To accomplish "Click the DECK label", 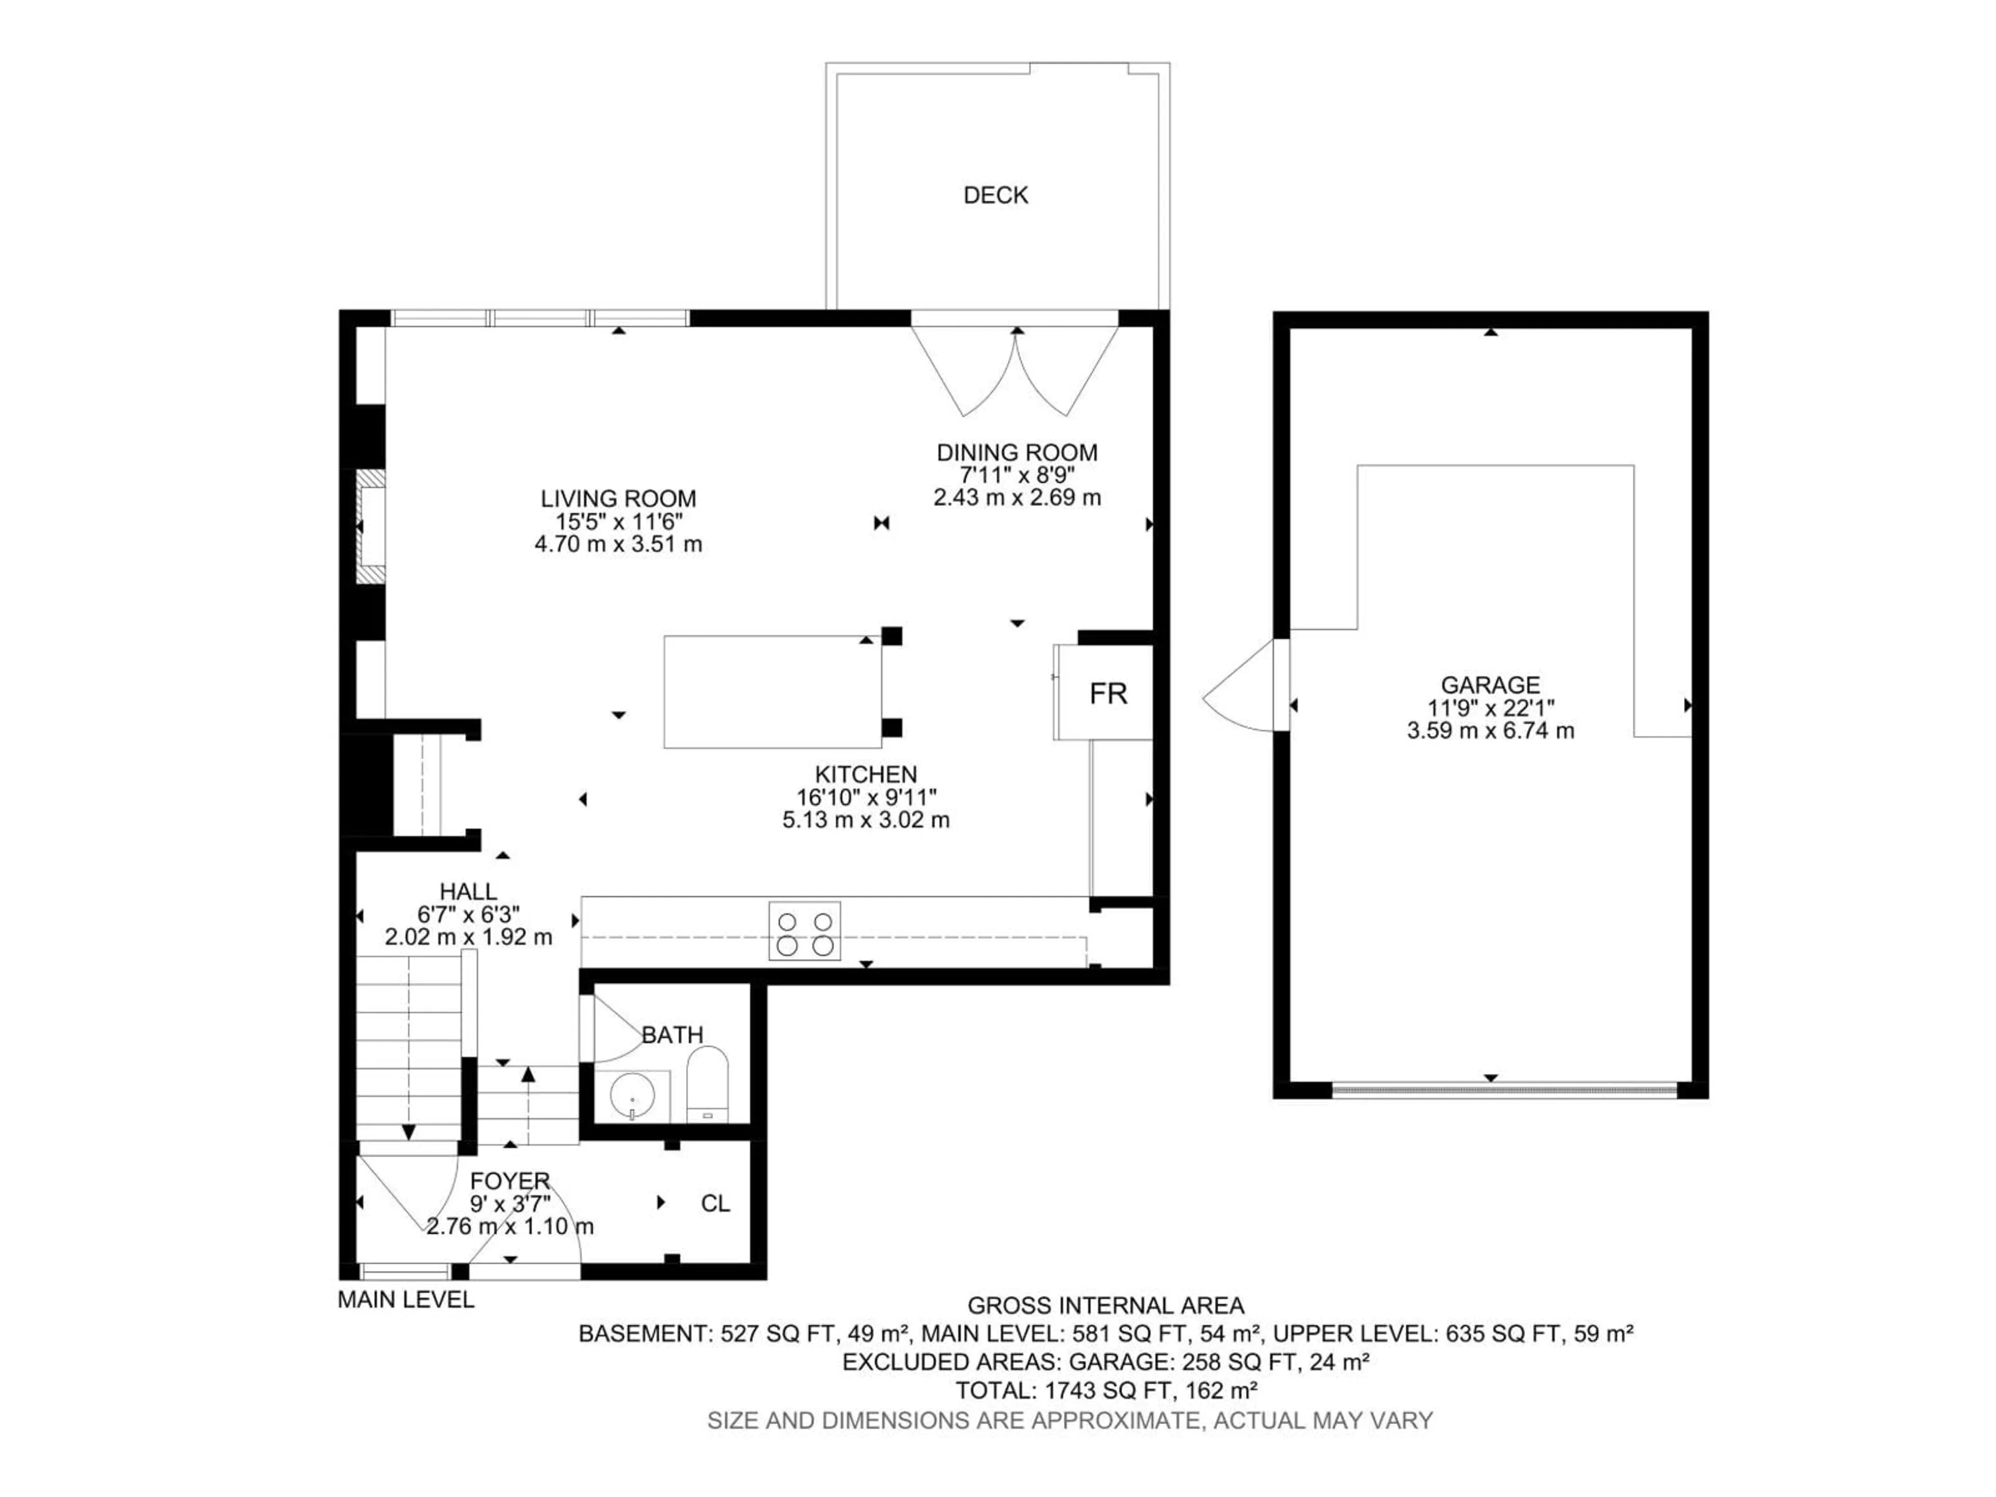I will [x=995, y=195].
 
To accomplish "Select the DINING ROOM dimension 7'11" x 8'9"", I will [x=1017, y=475].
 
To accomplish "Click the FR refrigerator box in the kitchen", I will [x=1107, y=693].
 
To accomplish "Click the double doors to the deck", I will [x=1016, y=370].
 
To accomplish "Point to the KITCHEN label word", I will [x=865, y=774].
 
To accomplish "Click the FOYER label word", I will [x=510, y=1180].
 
